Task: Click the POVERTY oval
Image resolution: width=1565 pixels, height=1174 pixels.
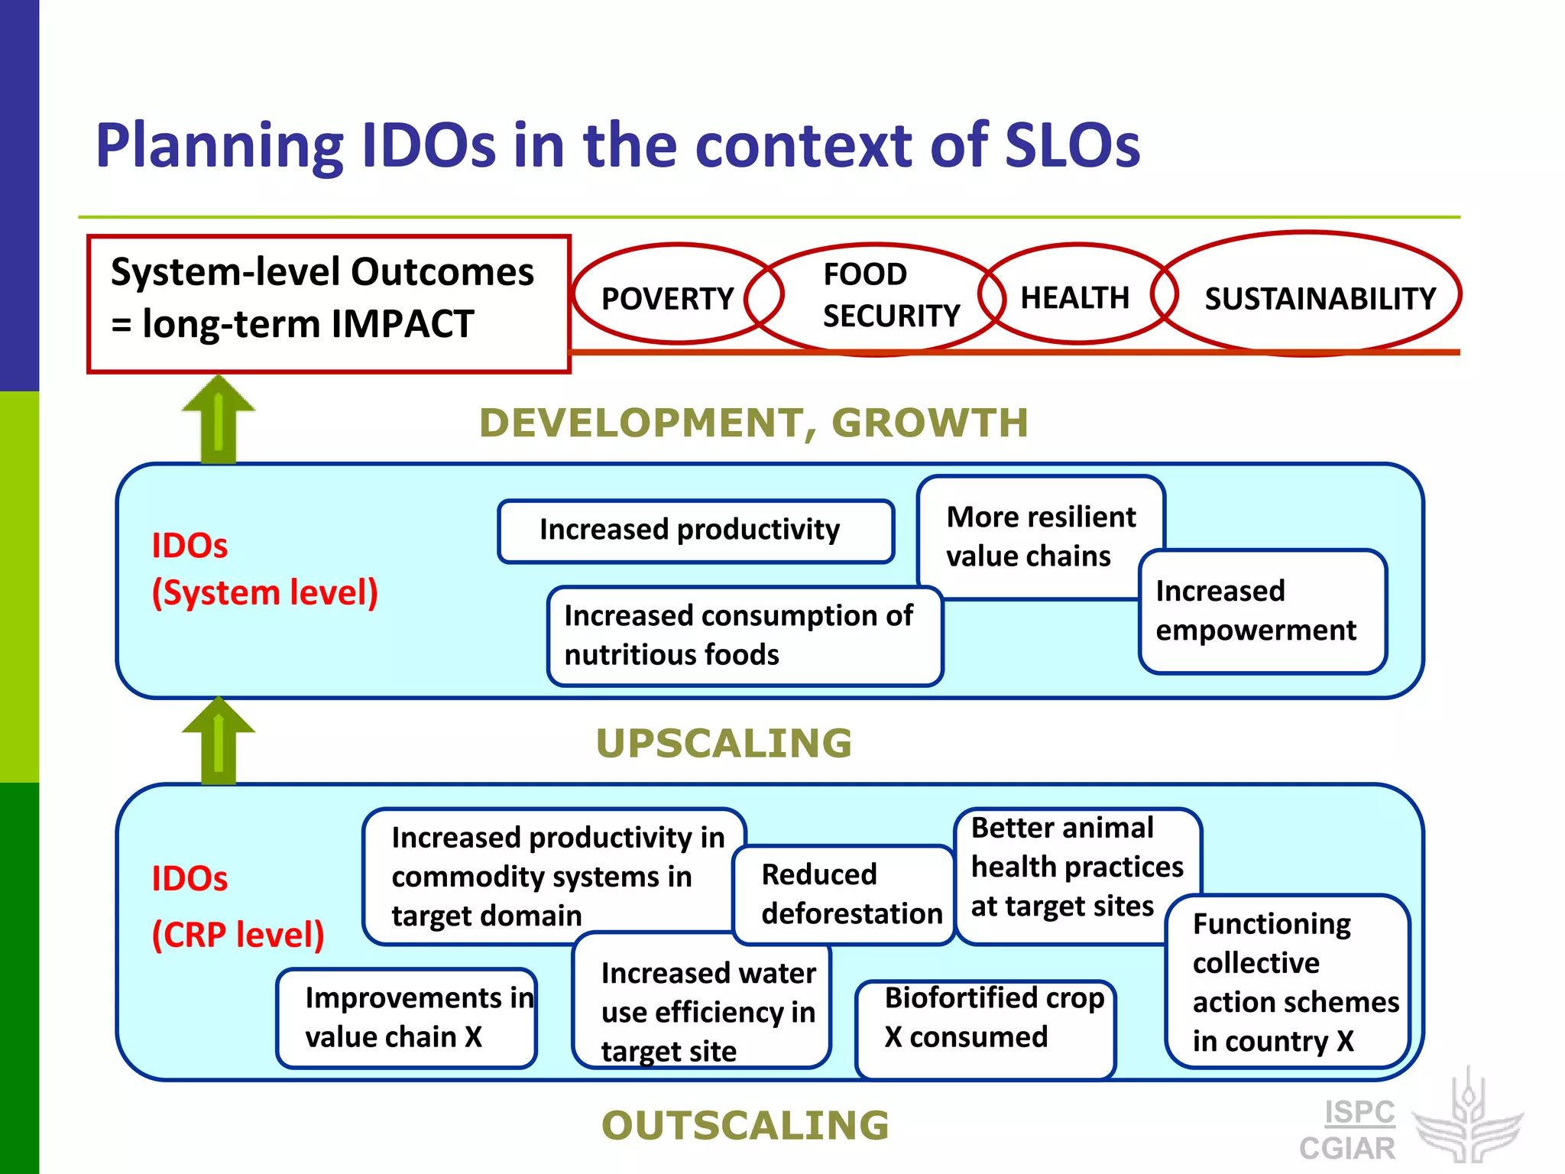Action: coord(667,298)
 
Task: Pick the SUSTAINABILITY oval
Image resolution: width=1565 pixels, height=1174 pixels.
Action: coord(1318,298)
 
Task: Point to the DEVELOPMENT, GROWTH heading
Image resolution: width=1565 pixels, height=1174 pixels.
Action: coord(753,423)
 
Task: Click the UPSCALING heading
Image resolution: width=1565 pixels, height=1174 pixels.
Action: coord(723,743)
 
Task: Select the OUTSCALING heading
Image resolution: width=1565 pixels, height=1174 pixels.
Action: coord(745,1125)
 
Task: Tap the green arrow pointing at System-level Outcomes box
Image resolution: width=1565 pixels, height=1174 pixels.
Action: coord(219,420)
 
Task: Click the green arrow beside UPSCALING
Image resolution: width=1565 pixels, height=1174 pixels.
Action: coord(219,741)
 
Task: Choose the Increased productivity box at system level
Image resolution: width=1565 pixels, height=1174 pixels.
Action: coord(695,530)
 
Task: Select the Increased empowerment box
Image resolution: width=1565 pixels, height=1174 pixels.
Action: coord(1261,611)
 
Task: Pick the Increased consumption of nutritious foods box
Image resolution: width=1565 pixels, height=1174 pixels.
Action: coord(745,635)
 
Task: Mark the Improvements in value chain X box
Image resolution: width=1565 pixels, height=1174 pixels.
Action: coord(407,1017)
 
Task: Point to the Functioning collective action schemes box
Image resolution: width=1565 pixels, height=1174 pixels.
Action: coord(1288,981)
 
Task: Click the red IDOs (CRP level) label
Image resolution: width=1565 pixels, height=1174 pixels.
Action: coord(237,906)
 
